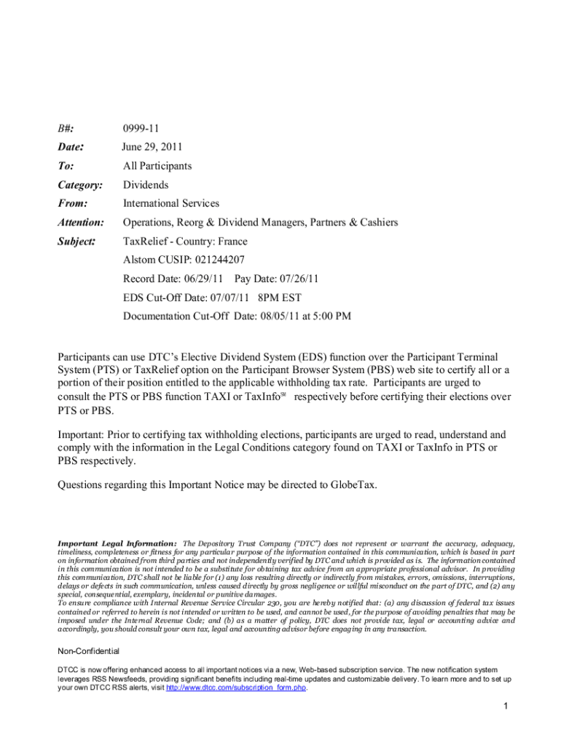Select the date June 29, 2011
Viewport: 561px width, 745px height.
pos(152,147)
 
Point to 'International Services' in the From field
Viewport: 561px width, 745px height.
pos(170,203)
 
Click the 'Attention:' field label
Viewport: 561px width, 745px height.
pos(81,222)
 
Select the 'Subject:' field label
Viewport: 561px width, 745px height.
pos(76,241)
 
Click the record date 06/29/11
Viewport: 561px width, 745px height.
pos(202,279)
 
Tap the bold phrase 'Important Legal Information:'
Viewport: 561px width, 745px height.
pos(117,543)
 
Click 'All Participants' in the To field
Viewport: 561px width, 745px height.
pos(157,166)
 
